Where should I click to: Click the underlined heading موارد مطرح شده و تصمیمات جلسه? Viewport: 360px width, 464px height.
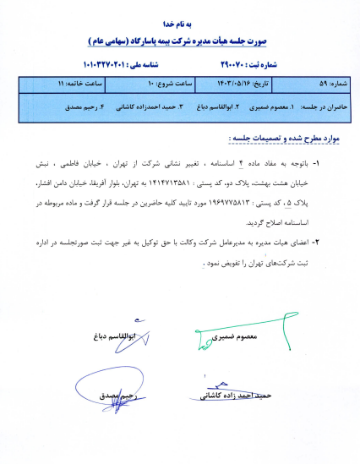point(272,139)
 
